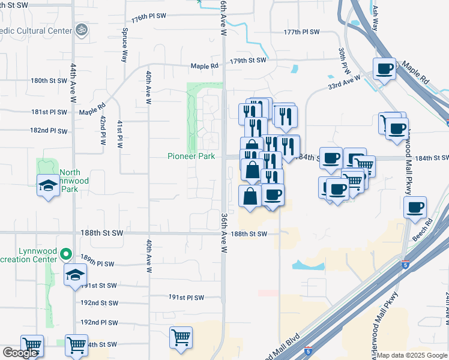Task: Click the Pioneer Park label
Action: (x=191, y=157)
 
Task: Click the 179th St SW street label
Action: (x=248, y=61)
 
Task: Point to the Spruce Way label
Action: (x=125, y=45)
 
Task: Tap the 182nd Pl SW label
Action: (x=49, y=130)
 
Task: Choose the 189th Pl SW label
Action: (x=97, y=263)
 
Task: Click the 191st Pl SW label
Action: (x=186, y=297)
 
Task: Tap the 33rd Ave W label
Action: (x=344, y=81)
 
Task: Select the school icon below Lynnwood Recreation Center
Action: (x=76, y=275)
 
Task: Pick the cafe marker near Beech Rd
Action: (x=415, y=208)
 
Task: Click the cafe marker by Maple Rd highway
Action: (x=384, y=68)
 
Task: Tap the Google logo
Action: (x=20, y=353)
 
